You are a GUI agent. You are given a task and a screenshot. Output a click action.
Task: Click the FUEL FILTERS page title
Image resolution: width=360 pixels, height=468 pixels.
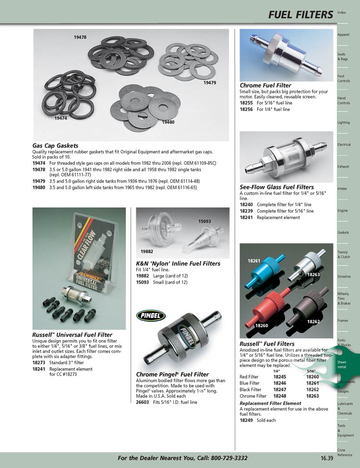tap(300, 15)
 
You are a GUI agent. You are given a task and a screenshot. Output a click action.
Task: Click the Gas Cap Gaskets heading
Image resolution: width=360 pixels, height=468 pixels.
tap(55, 146)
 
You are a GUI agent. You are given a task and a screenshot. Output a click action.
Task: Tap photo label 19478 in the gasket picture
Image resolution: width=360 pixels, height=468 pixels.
tap(80, 37)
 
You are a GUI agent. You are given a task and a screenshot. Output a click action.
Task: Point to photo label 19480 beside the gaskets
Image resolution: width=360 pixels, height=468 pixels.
tap(168, 122)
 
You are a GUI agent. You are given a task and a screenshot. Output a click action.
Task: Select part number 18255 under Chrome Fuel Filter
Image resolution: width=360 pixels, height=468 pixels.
tap(246, 103)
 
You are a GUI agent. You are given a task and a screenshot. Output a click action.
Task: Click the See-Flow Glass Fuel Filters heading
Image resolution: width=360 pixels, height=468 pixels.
tap(277, 187)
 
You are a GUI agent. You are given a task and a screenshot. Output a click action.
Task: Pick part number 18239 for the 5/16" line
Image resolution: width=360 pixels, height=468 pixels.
tap(246, 211)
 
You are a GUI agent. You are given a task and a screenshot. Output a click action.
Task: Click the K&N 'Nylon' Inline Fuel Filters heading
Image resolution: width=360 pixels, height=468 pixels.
tap(179, 264)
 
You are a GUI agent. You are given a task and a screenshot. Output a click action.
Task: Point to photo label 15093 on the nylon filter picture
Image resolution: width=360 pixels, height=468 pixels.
tap(205, 222)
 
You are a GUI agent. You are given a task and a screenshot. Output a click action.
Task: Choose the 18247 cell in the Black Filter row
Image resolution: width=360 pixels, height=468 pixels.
tap(279, 390)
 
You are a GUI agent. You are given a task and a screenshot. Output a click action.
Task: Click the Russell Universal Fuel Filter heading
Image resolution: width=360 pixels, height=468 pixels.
tap(72, 335)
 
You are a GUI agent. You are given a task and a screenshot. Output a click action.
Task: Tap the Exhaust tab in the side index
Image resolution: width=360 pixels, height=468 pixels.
tap(343, 167)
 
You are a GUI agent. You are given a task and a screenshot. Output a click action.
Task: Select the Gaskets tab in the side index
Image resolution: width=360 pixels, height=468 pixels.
tap(343, 233)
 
